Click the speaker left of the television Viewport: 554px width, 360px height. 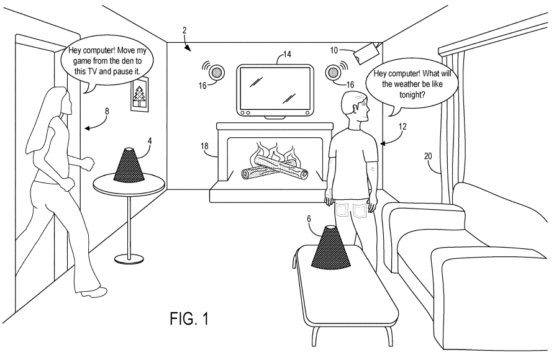coord(216,72)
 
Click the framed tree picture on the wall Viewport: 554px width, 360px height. coord(142,98)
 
